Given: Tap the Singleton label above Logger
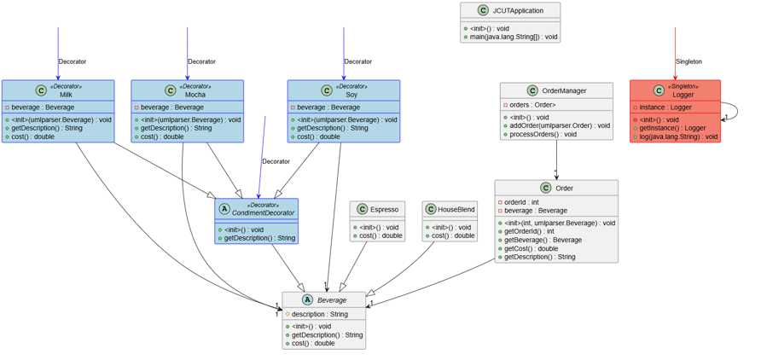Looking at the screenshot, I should click(688, 61).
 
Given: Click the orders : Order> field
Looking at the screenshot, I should click(532, 105).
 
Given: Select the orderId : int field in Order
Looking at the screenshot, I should click(522, 202).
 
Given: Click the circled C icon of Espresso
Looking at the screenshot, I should click(362, 209).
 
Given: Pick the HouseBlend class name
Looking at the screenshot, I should click(456, 209).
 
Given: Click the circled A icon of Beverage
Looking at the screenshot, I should click(307, 300).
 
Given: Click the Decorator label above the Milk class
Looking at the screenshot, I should click(73, 61).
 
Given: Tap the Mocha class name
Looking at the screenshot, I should click(195, 95).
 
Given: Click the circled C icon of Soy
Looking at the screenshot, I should click(327, 90).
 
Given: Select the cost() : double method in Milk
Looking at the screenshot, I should click(32, 136).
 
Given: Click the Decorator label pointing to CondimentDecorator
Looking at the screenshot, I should click(276, 161).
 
